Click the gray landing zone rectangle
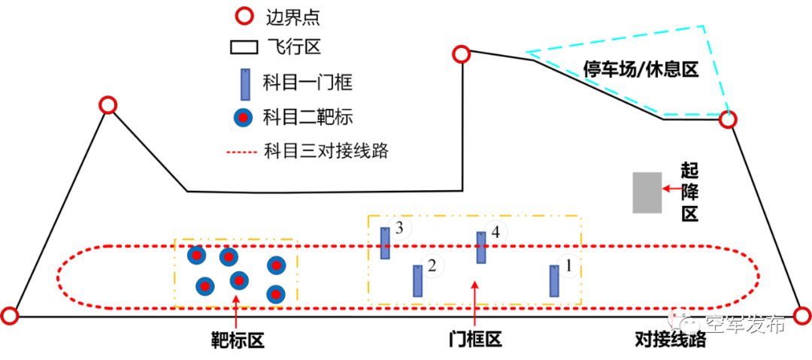pyautogui.click(x=647, y=192)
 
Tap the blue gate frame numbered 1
pyautogui.click(x=554, y=280)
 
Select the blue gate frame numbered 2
pyautogui.click(x=417, y=280)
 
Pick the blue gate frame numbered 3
pyautogui.click(x=385, y=243)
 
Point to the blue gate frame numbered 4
pyautogui.click(x=481, y=247)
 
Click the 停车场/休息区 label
pyautogui.click(x=641, y=70)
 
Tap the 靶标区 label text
pyautogui.click(x=237, y=340)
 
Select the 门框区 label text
pyautogui.click(x=474, y=340)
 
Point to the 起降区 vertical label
pyautogui.click(x=690, y=192)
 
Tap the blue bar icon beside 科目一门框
pyautogui.click(x=244, y=84)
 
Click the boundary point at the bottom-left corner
pyautogui.click(x=10, y=316)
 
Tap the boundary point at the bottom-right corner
pyautogui.click(x=802, y=315)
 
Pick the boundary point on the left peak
pyautogui.click(x=108, y=105)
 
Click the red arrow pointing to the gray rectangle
pyautogui.click(x=671, y=186)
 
